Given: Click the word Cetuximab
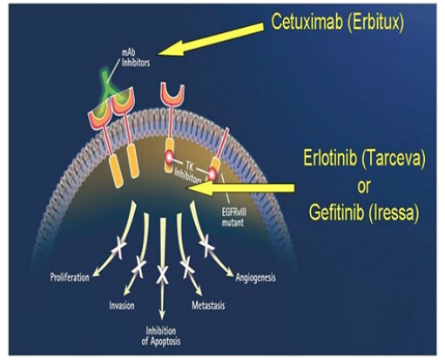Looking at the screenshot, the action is click(307, 22).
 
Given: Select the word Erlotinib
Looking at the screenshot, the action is click(330, 159).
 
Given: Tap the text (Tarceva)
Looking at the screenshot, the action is click(394, 160).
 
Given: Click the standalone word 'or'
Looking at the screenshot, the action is click(364, 187).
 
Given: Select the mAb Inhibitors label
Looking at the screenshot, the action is click(136, 58).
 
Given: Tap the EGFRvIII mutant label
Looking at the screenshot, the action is click(234, 217).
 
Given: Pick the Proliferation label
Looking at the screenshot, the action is click(70, 277).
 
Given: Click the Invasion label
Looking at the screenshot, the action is click(122, 305).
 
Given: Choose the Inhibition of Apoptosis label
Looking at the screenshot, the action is click(161, 336).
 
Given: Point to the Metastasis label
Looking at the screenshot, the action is click(208, 306).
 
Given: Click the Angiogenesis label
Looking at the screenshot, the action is click(255, 277).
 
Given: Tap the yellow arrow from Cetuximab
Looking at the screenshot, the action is click(211, 40).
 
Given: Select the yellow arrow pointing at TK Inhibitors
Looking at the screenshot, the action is click(240, 187).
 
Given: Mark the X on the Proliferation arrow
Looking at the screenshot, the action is click(118, 250).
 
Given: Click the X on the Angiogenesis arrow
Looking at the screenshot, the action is click(207, 246).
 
